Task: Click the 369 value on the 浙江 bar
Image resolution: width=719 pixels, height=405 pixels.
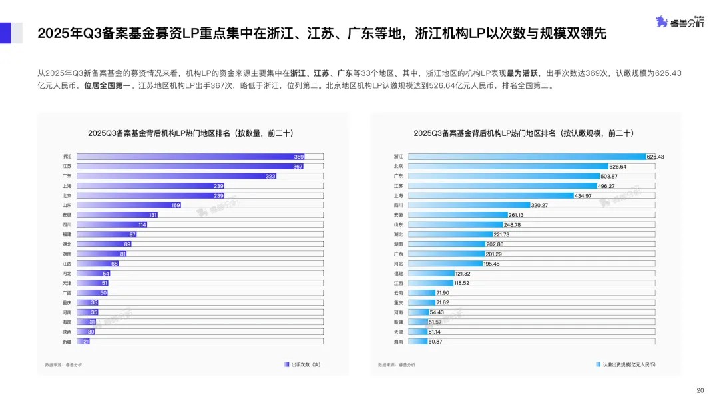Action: [298, 157]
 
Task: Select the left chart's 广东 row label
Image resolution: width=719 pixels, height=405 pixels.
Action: [67, 177]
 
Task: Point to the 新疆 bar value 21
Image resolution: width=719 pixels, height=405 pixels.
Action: [86, 341]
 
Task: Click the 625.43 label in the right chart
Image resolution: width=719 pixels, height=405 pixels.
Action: [655, 157]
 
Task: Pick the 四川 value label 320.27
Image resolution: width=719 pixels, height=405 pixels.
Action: [539, 205]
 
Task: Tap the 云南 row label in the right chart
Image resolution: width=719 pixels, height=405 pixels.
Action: [398, 292]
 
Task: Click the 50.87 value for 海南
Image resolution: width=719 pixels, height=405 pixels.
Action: [435, 341]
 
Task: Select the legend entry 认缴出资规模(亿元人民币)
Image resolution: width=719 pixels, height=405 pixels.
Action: [626, 364]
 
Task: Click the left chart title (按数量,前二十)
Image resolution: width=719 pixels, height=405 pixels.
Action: [191, 133]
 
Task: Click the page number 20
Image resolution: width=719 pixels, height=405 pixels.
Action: [700, 390]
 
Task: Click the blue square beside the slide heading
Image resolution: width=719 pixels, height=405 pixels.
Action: [6, 33]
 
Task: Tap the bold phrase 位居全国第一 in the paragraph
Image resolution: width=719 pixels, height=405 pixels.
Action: [107, 86]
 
